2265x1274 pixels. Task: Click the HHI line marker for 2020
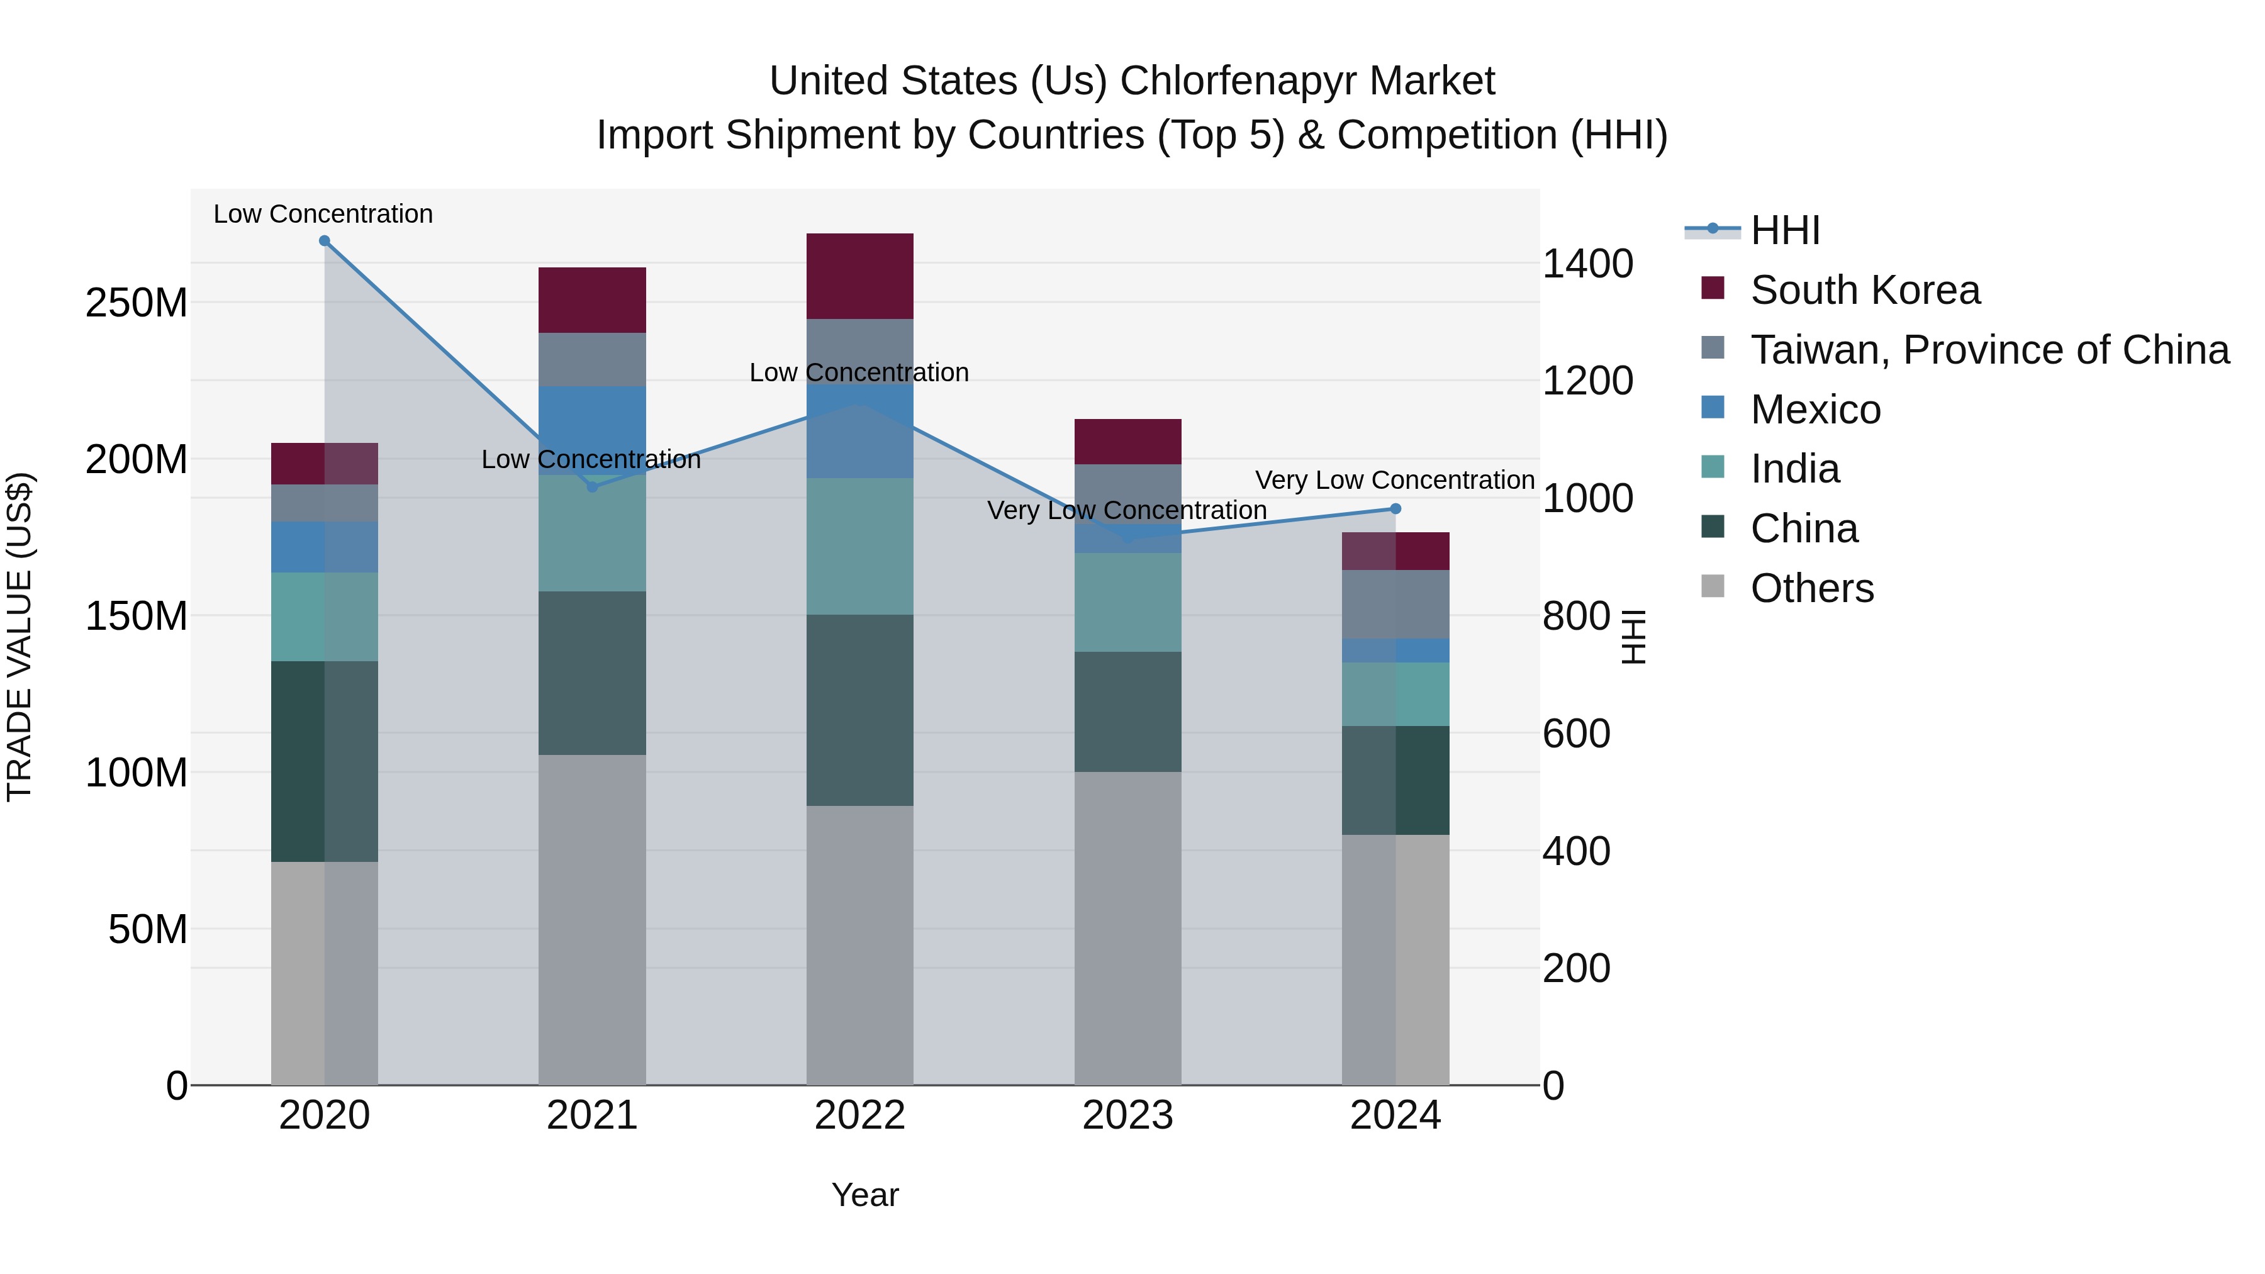pos(325,241)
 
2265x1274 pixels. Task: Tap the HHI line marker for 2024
pos(1395,509)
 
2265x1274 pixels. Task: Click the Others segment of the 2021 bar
pos(592,919)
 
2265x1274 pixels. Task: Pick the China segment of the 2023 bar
pos(1127,712)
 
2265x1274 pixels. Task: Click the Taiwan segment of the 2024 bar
pos(1395,604)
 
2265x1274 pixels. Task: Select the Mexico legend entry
pos(1815,410)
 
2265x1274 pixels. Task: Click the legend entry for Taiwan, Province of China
pos(1989,350)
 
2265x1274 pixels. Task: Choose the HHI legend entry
pos(1784,230)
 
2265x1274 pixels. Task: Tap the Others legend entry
pos(1811,588)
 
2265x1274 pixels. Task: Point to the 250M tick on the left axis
pos(137,303)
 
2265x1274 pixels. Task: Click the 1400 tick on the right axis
pos(1588,264)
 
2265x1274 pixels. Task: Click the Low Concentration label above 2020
pos(323,214)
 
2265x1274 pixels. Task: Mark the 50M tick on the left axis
pos(148,929)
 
